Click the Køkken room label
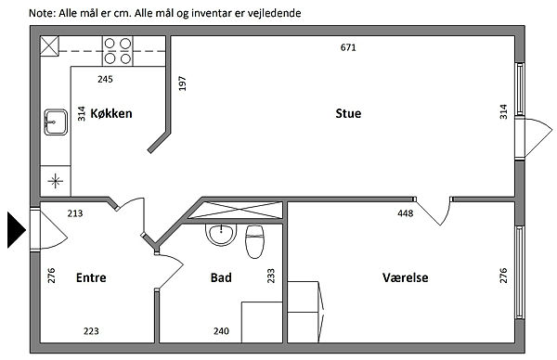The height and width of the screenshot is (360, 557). point(111,113)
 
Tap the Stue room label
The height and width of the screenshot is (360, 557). point(348,113)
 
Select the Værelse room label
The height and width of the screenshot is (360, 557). point(406,277)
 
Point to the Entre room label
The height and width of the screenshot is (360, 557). point(91,277)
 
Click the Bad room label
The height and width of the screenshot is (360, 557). point(221,277)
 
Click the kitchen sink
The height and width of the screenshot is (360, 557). point(56,122)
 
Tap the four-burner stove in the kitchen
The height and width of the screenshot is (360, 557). point(118,51)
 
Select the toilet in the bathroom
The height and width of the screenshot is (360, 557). point(255,241)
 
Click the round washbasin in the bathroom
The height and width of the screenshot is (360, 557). point(221,235)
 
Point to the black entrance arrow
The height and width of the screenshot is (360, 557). point(16,230)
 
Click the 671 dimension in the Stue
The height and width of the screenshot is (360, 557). point(348,47)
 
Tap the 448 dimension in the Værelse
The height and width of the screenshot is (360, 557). point(406,213)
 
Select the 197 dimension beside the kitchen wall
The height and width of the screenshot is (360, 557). point(182,84)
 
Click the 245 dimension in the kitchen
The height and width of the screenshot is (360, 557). point(105,79)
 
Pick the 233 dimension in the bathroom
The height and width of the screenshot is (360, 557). point(271,276)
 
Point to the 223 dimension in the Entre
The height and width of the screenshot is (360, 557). point(91,331)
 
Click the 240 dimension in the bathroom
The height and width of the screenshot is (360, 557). point(221,331)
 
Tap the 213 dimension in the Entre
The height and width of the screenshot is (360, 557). point(75,213)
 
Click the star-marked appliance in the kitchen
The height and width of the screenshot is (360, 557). point(56,181)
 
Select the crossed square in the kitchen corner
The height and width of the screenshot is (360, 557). point(49,45)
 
